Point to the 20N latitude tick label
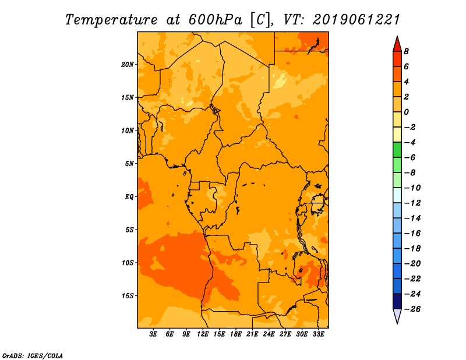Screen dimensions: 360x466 128,64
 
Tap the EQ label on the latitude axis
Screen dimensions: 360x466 129,197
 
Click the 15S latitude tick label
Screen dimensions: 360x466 128,296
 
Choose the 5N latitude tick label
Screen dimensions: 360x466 129,164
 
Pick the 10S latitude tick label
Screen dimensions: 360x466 128,263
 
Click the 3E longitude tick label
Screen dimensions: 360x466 154,334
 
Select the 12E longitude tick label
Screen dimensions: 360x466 203,334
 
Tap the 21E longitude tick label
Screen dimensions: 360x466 252,334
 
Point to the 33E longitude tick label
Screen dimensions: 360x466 318,334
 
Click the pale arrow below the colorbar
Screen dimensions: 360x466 397,316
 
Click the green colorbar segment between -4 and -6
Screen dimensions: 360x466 397,150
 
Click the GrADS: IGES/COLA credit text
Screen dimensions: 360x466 33,355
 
